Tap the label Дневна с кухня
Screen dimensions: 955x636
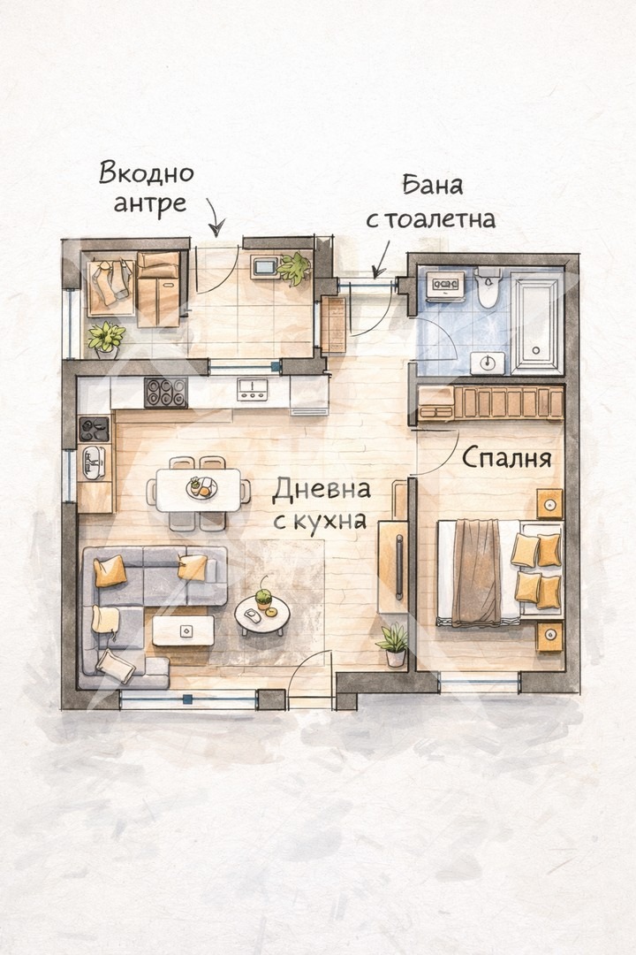pyautogui.click(x=320, y=505)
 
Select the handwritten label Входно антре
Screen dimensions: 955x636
pyautogui.click(x=146, y=187)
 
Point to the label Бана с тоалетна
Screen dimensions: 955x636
pyautogui.click(x=431, y=202)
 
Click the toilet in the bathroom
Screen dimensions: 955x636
pyautogui.click(x=488, y=287)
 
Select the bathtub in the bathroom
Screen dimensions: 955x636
pyautogui.click(x=536, y=322)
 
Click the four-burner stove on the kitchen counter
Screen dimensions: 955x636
pyautogui.click(x=165, y=392)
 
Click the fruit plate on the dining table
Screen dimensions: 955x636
pyautogui.click(x=200, y=486)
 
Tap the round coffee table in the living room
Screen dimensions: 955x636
pyautogui.click(x=261, y=614)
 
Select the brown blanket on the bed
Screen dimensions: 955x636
pyautogui.click(x=476, y=571)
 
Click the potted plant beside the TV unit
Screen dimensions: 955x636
pyautogui.click(x=394, y=644)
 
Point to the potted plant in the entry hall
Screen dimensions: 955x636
pyautogui.click(x=295, y=268)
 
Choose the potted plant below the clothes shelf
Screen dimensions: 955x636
pyautogui.click(x=106, y=339)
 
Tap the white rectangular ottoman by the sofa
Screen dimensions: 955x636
pyautogui.click(x=183, y=630)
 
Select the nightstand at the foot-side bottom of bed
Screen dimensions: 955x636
pyautogui.click(x=549, y=635)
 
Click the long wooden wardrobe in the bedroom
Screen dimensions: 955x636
pyautogui.click(x=491, y=402)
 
